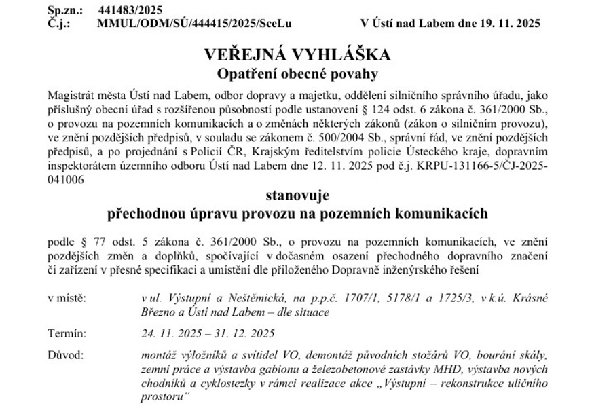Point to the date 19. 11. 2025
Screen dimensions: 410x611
(506, 22)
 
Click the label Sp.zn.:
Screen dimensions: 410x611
(64, 10)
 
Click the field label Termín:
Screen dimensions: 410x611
(67, 334)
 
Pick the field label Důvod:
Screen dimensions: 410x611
(66, 355)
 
